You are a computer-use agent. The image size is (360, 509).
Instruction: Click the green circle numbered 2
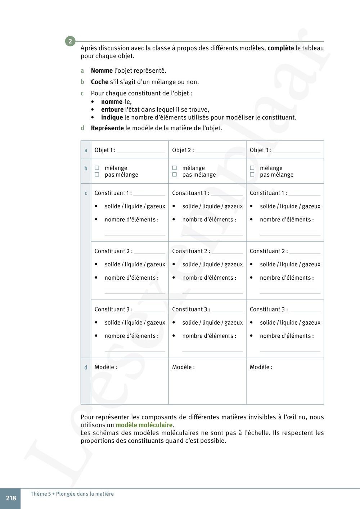point(70,41)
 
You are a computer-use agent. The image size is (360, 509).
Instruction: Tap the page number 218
point(11,498)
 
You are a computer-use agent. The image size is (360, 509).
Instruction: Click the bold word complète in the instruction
point(280,48)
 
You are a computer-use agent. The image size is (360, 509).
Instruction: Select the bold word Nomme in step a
point(102,71)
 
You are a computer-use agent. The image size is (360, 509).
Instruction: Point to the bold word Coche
point(99,82)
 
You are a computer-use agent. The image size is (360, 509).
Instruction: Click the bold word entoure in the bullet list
point(112,109)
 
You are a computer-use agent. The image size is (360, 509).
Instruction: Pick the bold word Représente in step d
point(107,128)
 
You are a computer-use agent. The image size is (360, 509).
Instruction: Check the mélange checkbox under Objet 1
point(97,168)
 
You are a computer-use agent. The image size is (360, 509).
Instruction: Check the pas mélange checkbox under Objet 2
point(175,175)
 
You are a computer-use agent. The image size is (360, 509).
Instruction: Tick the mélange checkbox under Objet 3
point(252,168)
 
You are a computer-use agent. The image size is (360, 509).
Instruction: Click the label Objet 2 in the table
point(183,150)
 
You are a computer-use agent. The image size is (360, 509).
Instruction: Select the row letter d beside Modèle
point(86,368)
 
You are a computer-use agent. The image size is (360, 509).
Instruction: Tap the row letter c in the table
point(86,193)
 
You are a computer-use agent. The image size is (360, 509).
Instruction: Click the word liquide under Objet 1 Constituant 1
point(134,206)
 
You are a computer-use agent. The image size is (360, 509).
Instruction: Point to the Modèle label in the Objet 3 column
point(261,367)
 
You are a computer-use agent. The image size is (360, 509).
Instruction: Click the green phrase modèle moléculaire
point(144,425)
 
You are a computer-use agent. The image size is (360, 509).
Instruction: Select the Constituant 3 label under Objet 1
point(113,309)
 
